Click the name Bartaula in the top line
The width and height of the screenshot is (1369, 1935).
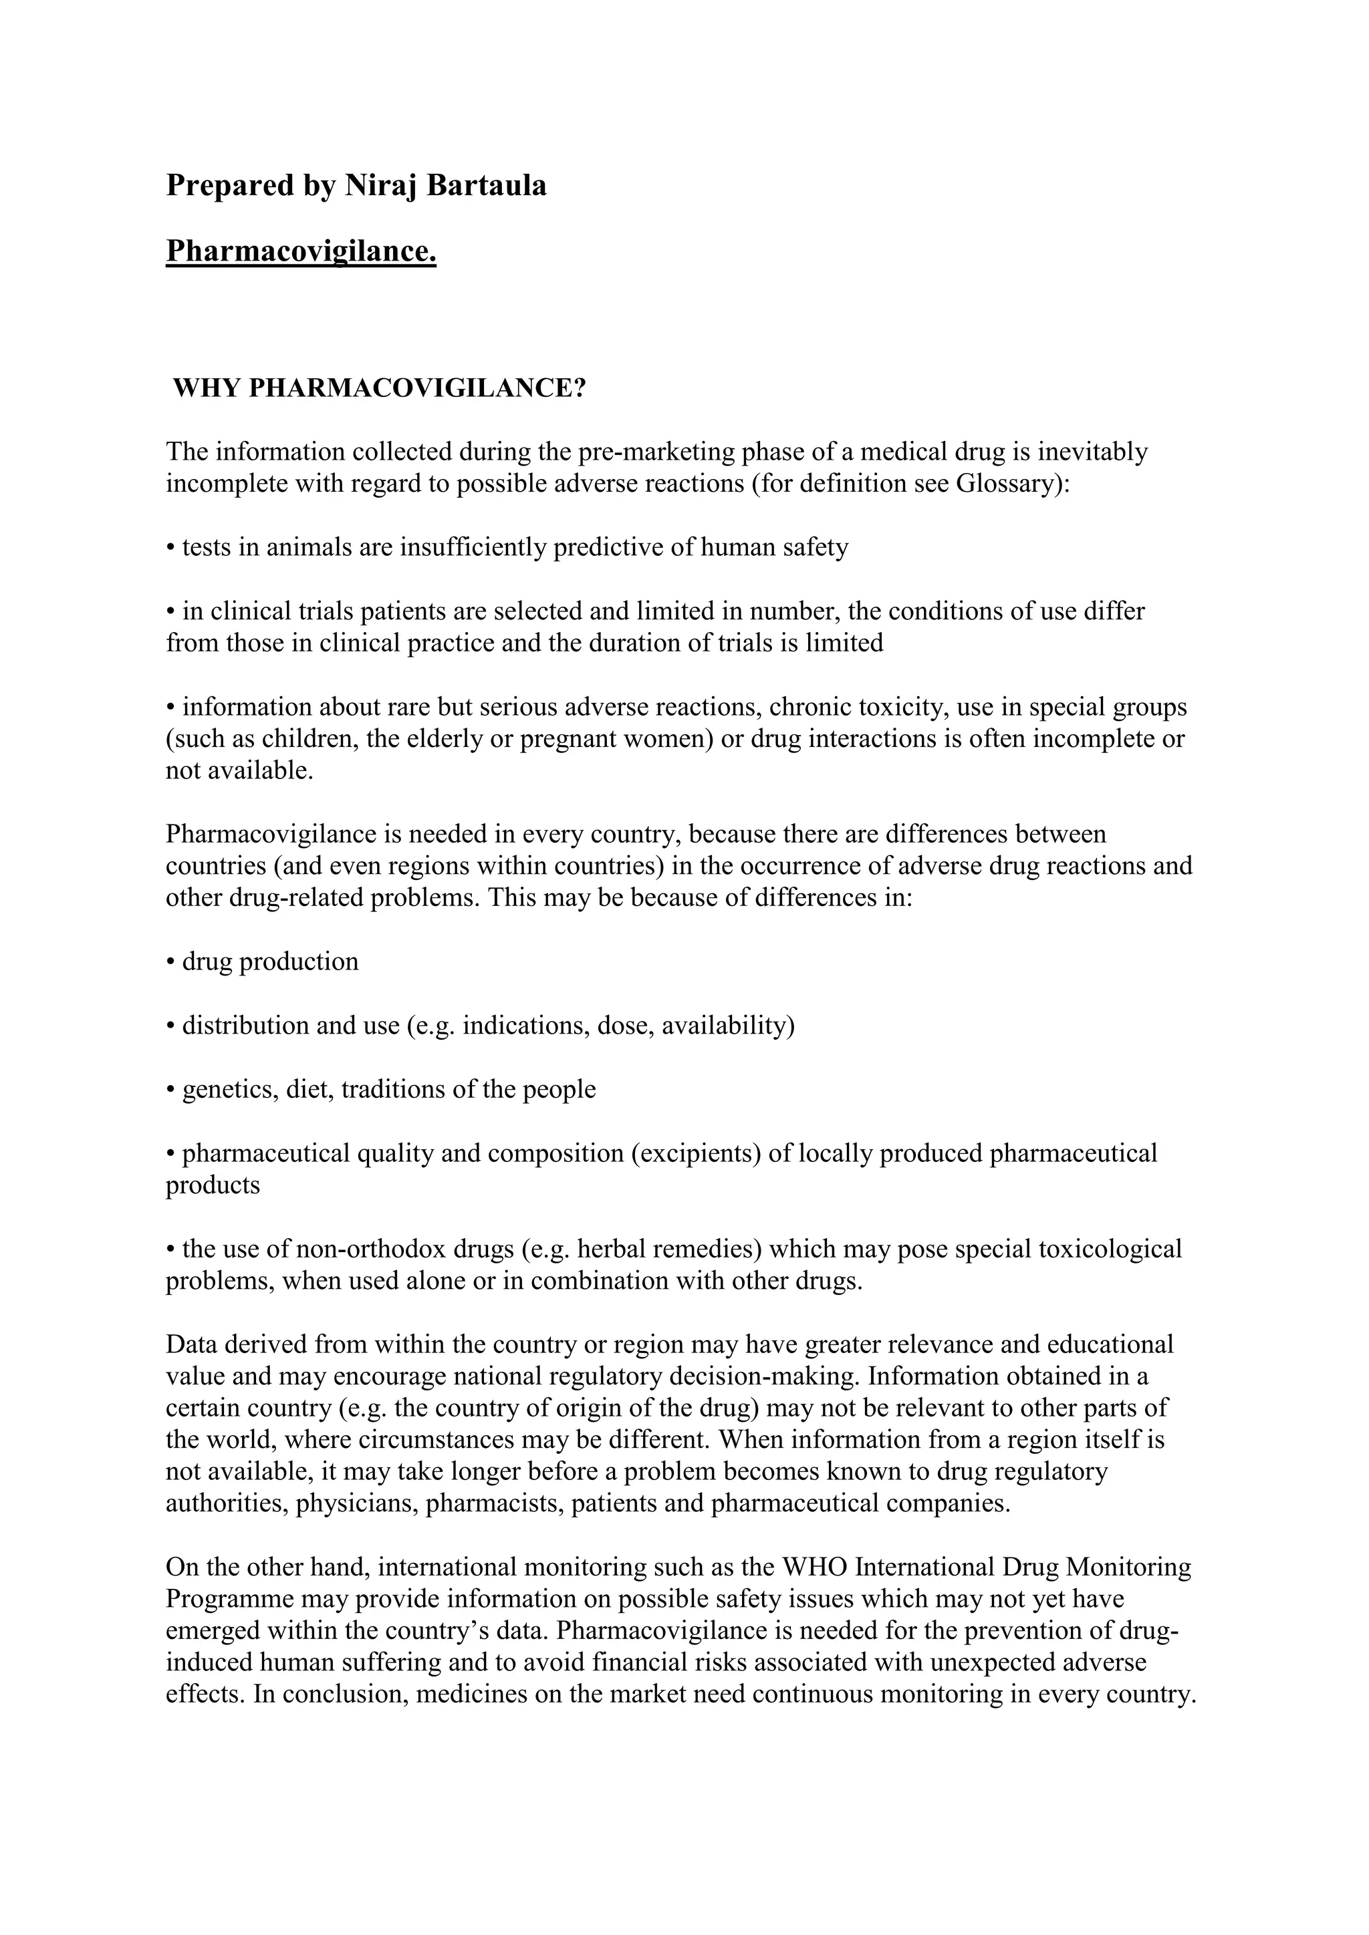pyautogui.click(x=487, y=185)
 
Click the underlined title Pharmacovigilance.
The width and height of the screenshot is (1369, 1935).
pyautogui.click(x=301, y=251)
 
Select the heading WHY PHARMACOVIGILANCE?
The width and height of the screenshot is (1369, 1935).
pyautogui.click(x=379, y=388)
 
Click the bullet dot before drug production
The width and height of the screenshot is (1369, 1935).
pyautogui.click(x=170, y=962)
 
